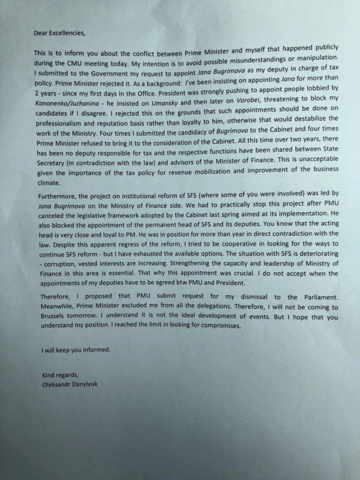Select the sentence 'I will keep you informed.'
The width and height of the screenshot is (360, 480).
click(x=76, y=350)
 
